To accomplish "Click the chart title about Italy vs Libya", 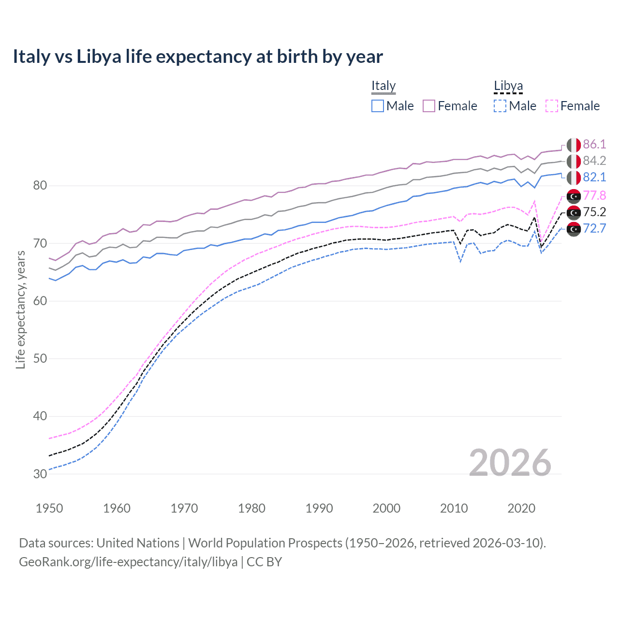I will [198, 57].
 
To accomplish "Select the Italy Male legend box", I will [378, 106].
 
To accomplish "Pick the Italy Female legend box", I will [429, 106].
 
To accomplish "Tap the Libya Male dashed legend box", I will [500, 106].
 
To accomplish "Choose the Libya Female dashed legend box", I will [551, 106].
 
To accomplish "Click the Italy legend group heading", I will [383, 86].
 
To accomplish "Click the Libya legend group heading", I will [508, 86].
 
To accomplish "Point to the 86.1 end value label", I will [594, 145].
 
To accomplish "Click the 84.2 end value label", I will [594, 161].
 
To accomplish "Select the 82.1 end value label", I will [594, 177].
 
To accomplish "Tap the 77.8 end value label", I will [594, 195].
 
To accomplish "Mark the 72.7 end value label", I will [594, 228].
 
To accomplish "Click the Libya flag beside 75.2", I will [574, 212].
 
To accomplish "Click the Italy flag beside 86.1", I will [574, 145].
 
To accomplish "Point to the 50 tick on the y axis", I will [40, 359].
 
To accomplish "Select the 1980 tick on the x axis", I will [251, 508].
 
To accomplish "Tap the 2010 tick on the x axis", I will [454, 508].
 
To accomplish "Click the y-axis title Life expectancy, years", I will [21, 309].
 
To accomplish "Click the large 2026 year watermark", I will [510, 463].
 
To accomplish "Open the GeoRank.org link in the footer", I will [128, 562].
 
